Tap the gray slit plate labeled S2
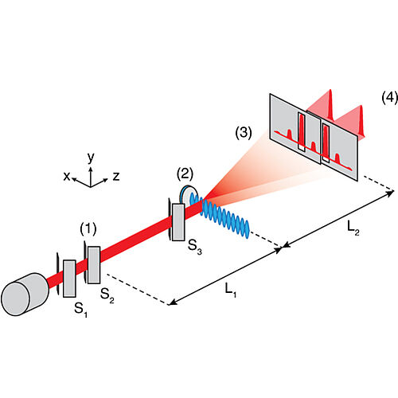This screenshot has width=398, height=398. point(94,265)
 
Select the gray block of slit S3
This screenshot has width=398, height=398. point(179,220)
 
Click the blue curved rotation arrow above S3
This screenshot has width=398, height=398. point(189,193)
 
